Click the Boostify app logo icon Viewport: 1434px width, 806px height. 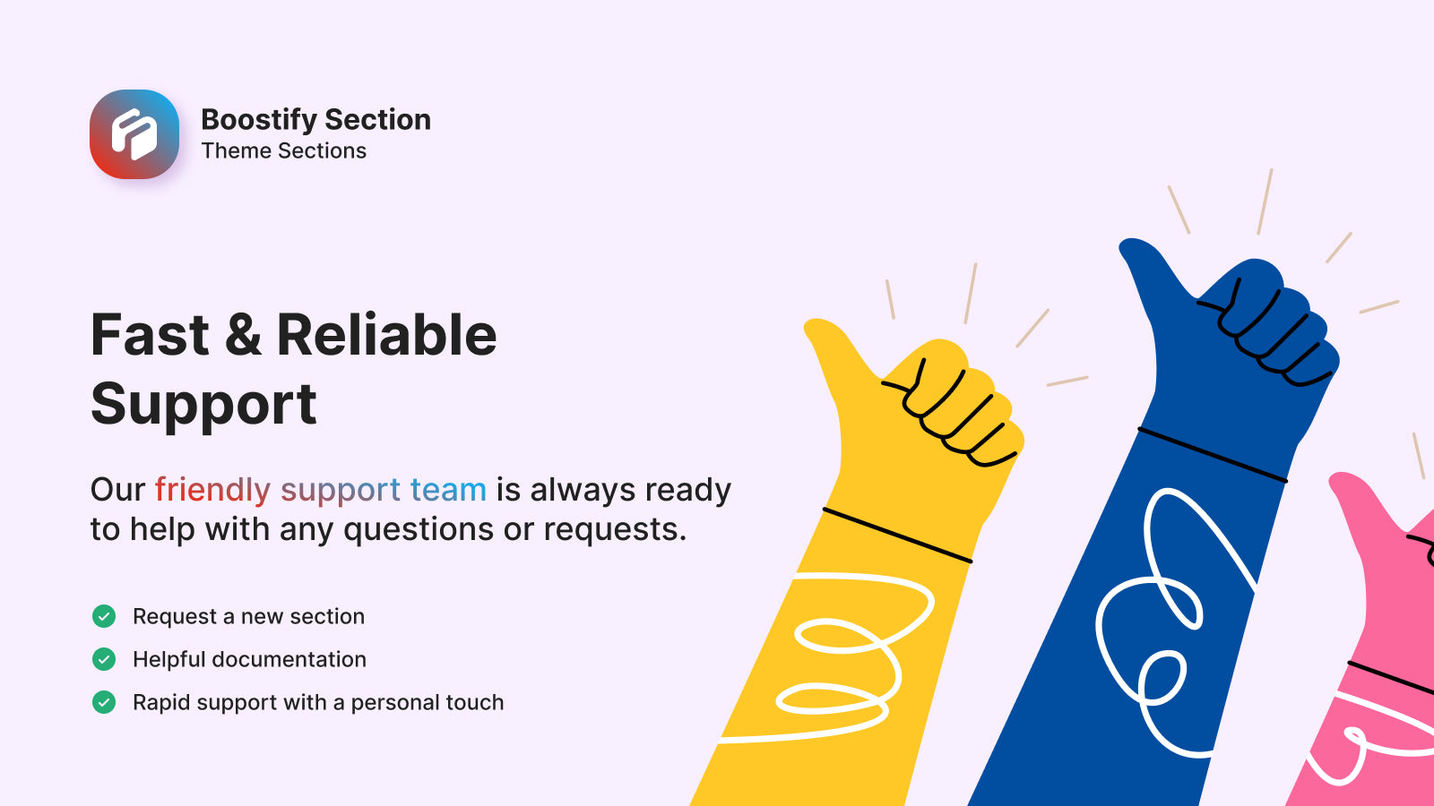click(x=134, y=134)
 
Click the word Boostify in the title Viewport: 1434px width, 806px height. click(x=259, y=121)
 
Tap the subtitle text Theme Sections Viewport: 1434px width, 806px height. click(x=283, y=151)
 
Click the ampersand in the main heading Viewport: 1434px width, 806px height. click(x=243, y=335)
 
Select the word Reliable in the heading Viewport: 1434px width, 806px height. click(x=386, y=335)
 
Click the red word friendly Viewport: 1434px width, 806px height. click(x=212, y=491)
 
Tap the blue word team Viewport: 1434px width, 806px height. click(x=448, y=491)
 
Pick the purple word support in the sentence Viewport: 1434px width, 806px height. click(x=341, y=493)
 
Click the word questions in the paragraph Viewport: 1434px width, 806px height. click(x=418, y=530)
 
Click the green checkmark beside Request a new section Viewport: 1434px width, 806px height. click(x=104, y=616)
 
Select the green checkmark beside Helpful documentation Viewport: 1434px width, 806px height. click(x=104, y=659)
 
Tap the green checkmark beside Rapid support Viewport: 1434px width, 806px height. click(x=104, y=702)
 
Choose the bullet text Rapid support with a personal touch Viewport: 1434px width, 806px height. click(x=318, y=702)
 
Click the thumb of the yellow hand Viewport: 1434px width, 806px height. click(x=839, y=348)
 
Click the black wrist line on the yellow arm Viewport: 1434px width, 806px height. click(x=897, y=536)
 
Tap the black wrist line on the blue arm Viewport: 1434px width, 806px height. click(x=1213, y=455)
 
